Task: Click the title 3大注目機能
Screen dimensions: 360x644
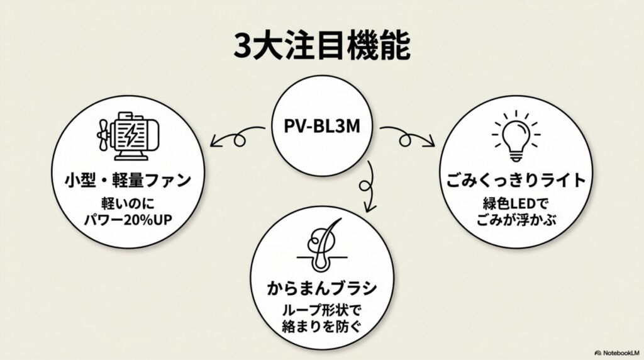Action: tap(321, 45)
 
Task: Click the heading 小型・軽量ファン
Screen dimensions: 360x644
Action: tap(128, 181)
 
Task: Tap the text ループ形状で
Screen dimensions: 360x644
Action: tap(321, 312)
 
